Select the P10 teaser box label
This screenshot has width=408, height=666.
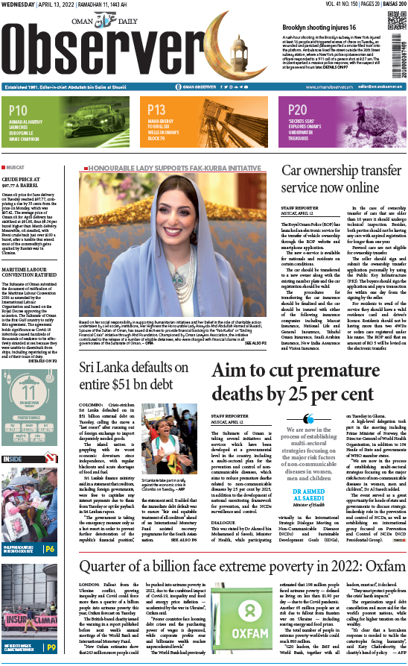coord(19,110)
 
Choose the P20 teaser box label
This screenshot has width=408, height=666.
coord(291,110)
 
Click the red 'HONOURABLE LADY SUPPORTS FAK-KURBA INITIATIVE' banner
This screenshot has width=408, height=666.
coord(177,167)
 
